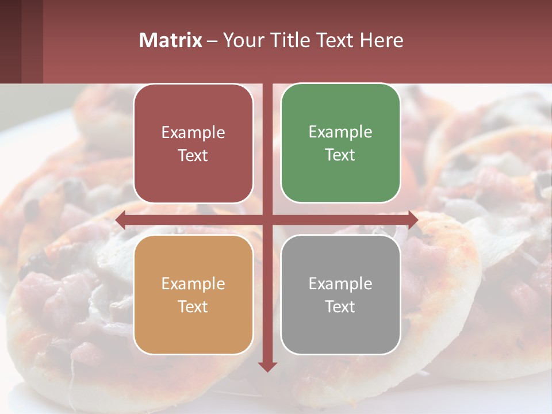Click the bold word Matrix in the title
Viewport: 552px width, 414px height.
tap(171, 40)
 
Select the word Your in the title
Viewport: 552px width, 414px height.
tap(241, 40)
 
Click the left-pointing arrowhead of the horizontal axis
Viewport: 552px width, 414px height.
tap(121, 220)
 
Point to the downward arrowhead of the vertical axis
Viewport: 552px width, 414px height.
tap(267, 366)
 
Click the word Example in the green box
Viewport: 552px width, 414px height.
tap(340, 132)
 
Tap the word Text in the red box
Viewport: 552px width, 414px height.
tap(193, 156)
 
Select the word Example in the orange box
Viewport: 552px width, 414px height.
tap(193, 283)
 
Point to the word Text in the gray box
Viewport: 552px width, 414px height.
tap(340, 306)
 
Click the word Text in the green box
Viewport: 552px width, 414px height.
tap(340, 155)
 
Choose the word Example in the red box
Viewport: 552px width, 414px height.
tap(193, 133)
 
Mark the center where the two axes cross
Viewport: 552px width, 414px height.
tap(267, 220)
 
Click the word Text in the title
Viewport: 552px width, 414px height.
tap(335, 40)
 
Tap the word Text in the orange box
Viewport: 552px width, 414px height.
tap(193, 306)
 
